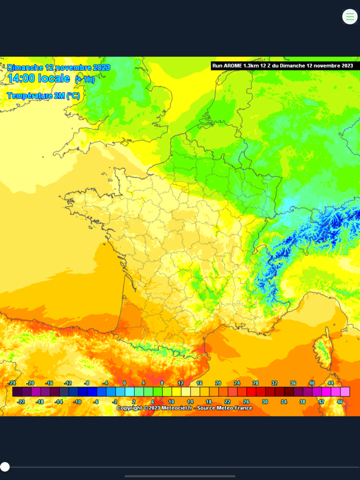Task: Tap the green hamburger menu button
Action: point(350,16)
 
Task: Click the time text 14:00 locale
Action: point(39,79)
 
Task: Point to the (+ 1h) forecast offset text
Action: point(85,80)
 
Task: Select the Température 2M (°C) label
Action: point(43,96)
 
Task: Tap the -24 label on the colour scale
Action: point(12,383)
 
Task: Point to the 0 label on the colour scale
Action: point(124,383)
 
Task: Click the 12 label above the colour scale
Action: point(181,383)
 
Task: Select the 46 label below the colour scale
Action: point(340,402)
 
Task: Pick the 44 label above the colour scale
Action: point(331,383)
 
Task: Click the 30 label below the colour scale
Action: point(265,402)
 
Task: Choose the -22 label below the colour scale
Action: point(21,402)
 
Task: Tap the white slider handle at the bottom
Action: point(5,467)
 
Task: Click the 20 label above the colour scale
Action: point(218,383)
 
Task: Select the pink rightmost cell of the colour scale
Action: point(345,392)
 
